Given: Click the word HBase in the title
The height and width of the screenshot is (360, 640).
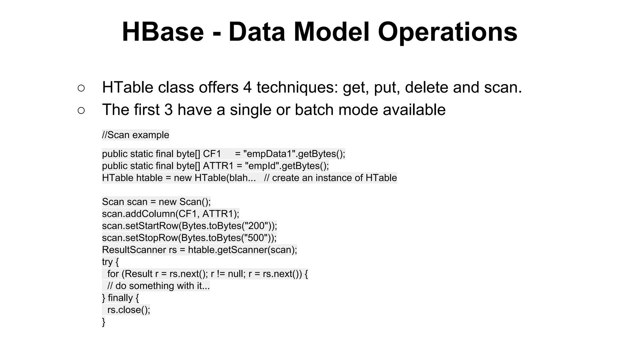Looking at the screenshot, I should point(162,32).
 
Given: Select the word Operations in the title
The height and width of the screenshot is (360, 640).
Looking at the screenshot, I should point(447,32).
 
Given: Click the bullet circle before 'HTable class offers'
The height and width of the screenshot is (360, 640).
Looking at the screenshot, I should point(81,88).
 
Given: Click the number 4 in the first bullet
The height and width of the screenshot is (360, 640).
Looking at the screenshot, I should point(247,87).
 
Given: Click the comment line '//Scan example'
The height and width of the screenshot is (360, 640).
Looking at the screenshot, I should point(135,135).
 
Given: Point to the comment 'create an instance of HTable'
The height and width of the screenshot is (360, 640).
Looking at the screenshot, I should point(334,178).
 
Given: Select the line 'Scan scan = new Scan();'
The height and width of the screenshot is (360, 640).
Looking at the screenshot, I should point(156,202).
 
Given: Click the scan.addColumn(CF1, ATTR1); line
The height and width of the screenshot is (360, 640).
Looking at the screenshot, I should point(170,214).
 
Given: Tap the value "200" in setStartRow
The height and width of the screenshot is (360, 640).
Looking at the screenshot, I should point(256,226).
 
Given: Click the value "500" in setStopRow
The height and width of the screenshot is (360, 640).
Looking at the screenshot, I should point(256,238).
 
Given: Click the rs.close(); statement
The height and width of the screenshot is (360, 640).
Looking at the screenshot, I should point(128,310).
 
